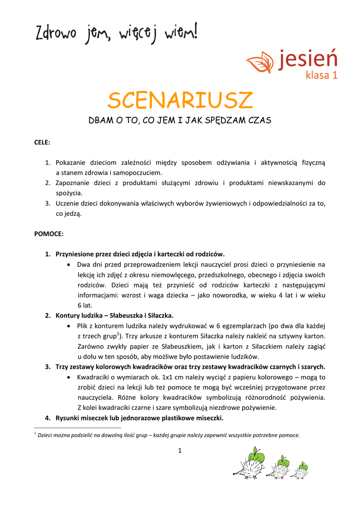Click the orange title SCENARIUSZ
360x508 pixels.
coord(180,101)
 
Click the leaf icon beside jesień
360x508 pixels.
coord(260,63)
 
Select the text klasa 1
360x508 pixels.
coord(321,76)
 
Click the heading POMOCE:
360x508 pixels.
coord(48,233)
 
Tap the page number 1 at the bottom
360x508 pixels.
coord(179,450)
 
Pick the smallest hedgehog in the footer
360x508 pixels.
coord(301,470)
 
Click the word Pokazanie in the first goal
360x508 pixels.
coord(71,163)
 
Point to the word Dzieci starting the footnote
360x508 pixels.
coord(46,435)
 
